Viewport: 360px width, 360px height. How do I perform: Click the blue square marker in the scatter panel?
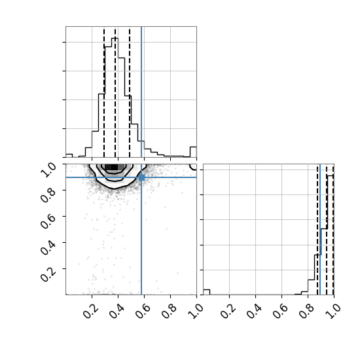[141, 177]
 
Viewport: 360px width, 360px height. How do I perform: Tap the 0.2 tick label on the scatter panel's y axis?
[48, 274]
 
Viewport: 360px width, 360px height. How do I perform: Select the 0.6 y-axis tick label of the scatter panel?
[48, 222]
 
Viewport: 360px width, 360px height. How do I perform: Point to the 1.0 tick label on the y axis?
[48, 170]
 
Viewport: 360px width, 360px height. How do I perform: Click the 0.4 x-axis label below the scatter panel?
[117, 311]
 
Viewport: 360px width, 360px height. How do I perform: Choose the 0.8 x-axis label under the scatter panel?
[169, 311]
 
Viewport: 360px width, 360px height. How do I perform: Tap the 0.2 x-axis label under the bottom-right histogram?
[228, 311]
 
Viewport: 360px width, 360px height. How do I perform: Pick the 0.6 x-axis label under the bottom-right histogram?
[280, 311]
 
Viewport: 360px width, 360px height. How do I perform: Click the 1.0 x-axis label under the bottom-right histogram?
[333, 311]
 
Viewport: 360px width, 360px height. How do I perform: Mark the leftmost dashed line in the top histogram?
[104, 92]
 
